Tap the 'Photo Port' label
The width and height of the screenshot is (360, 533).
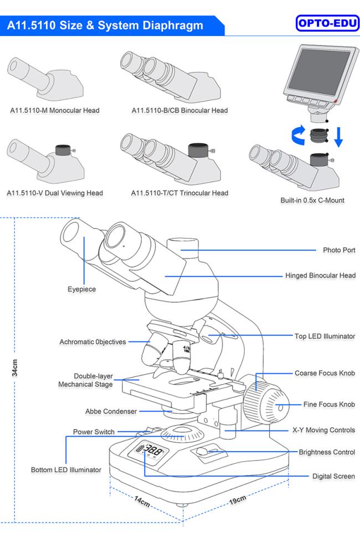[339, 250]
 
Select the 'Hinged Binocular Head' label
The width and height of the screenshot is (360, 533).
[320, 275]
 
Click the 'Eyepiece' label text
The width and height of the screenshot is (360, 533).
[82, 289]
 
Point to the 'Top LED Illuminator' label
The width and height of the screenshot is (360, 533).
[324, 336]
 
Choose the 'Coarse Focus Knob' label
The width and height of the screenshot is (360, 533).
[325, 374]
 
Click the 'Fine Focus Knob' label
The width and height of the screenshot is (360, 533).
[329, 405]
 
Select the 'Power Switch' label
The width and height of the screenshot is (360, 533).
[94, 432]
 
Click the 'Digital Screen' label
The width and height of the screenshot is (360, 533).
[333, 476]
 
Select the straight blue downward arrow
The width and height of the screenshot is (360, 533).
[338, 137]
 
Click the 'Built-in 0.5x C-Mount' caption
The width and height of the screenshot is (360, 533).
[312, 200]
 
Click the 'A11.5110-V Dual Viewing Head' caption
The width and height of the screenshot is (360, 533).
[54, 193]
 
